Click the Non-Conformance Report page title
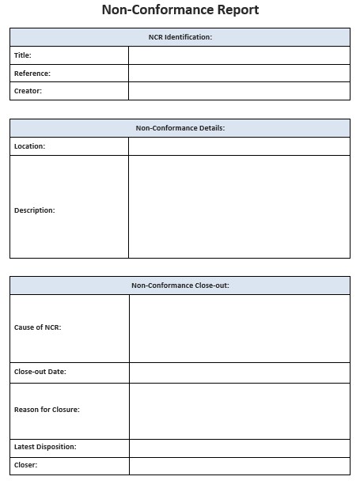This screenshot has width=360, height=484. click(x=180, y=10)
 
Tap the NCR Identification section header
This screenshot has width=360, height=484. click(x=180, y=37)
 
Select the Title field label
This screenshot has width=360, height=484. click(x=23, y=55)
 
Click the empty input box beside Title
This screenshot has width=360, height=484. click(x=239, y=55)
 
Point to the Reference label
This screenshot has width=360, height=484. click(x=32, y=74)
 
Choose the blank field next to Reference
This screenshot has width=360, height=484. click(x=239, y=74)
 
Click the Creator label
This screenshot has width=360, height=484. click(x=28, y=91)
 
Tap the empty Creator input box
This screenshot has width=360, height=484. click(x=239, y=91)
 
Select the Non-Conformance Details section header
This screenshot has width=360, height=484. click(x=180, y=128)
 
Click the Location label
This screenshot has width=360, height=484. click(x=30, y=146)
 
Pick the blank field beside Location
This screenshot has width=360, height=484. click(x=239, y=146)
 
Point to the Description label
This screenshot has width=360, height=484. click(x=35, y=210)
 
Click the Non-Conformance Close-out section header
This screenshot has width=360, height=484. click(x=180, y=285)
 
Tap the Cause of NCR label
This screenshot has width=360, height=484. click(x=38, y=327)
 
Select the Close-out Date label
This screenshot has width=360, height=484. click(x=40, y=372)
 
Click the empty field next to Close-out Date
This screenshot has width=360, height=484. click(x=239, y=372)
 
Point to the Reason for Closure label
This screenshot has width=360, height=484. click(x=47, y=410)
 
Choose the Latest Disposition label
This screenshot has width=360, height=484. click(x=45, y=447)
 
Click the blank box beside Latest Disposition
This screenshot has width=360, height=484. click(x=239, y=448)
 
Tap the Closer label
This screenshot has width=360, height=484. click(x=26, y=465)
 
